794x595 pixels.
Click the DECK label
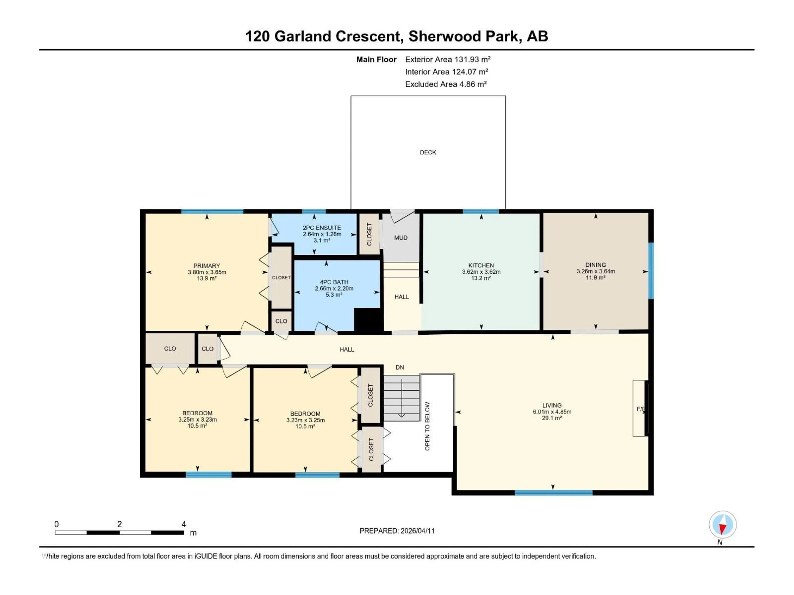click(x=428, y=152)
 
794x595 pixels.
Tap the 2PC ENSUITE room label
click(x=322, y=228)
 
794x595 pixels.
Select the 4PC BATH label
click(x=334, y=282)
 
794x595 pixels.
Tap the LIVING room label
click(x=552, y=405)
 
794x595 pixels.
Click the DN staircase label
click(x=399, y=367)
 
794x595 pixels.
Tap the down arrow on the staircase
click(x=401, y=415)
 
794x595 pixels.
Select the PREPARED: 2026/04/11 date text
click(x=397, y=531)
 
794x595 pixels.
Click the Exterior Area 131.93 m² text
click(x=448, y=59)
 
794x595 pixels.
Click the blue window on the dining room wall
click(x=651, y=271)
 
